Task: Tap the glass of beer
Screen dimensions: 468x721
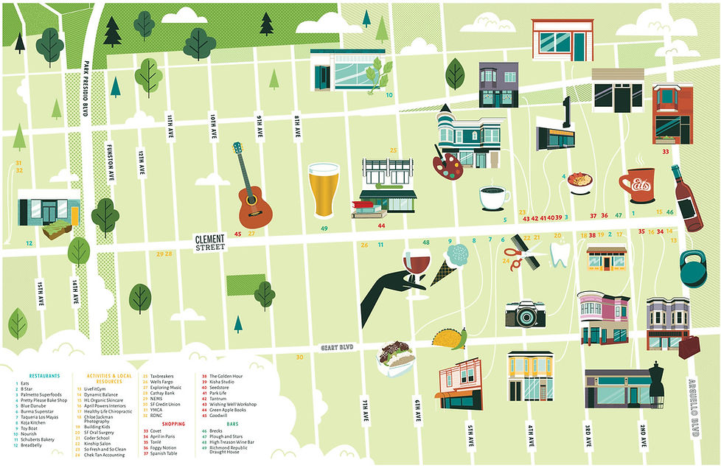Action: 324,189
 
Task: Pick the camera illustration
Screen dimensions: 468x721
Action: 524,314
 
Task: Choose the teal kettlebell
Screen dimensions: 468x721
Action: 694,269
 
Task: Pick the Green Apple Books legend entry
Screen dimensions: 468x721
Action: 231,410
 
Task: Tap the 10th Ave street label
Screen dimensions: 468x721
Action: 212,127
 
